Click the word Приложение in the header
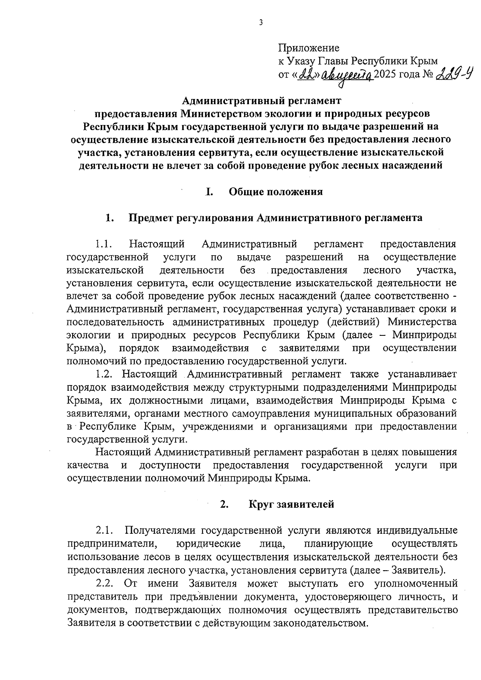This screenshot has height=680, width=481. point(309,48)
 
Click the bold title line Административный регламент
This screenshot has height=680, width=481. point(260,99)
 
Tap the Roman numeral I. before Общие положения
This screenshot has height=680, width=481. point(209,192)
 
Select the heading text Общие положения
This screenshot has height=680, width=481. point(276,192)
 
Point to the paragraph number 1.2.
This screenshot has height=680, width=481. point(106,374)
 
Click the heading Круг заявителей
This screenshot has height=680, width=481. point(291,504)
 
